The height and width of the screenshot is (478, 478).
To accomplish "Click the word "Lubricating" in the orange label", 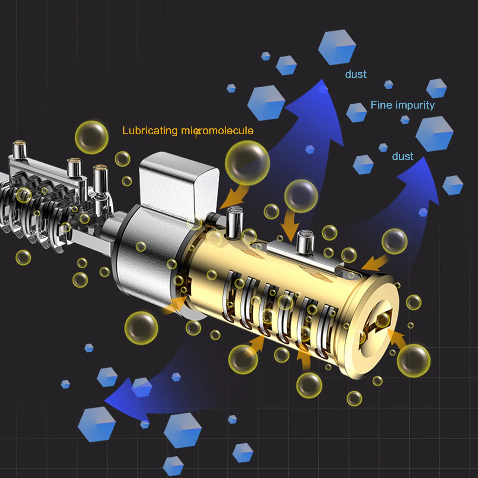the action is [x=150, y=131].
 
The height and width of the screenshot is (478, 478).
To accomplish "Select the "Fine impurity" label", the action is [x=402, y=105].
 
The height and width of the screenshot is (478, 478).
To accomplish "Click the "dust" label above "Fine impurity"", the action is [x=356, y=74].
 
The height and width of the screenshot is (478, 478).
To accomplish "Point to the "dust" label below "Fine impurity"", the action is [x=402, y=156].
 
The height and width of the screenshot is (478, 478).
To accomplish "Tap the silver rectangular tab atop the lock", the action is [x=179, y=182].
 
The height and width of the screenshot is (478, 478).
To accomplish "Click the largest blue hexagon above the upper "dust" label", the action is [x=337, y=47].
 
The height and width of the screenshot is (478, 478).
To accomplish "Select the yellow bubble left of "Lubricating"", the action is [x=91, y=137].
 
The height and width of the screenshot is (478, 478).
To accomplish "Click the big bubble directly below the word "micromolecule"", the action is [x=247, y=163].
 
